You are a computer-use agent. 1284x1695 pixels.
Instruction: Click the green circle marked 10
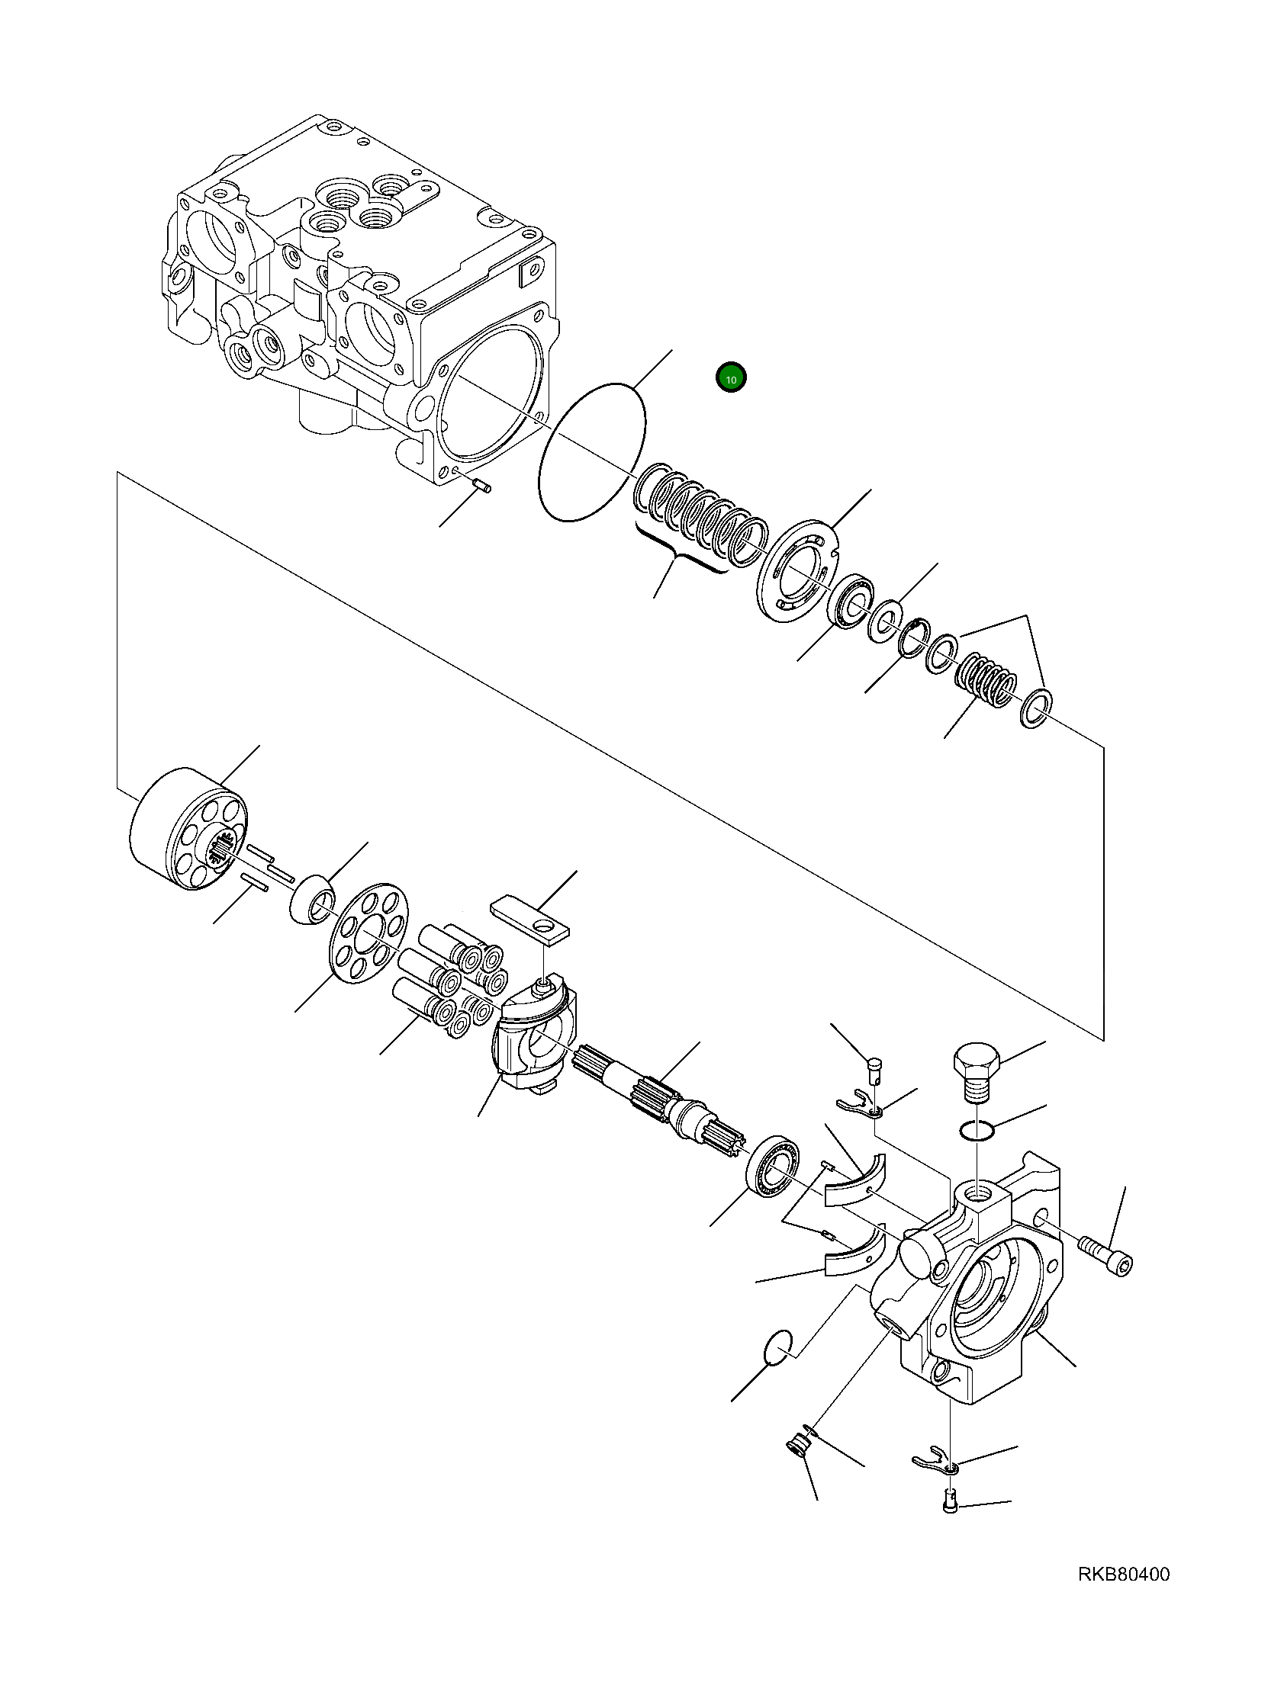pyautogui.click(x=731, y=378)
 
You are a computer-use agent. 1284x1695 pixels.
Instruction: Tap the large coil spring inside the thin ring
pyautogui.click(x=701, y=521)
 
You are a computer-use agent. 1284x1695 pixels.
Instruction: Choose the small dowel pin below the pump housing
pyautogui.click(x=481, y=483)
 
